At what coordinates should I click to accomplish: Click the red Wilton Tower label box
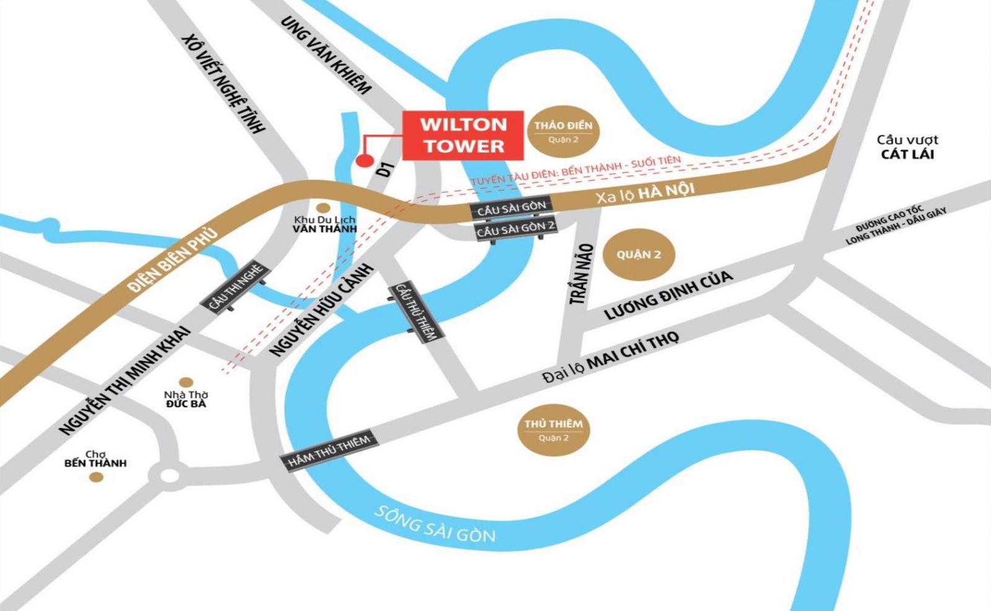click(x=463, y=135)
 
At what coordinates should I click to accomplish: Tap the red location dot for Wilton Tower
click(x=364, y=161)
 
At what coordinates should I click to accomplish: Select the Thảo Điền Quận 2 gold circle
click(x=563, y=131)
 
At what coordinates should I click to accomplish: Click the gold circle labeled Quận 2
click(x=638, y=255)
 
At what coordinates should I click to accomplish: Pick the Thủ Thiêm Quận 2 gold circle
click(x=553, y=429)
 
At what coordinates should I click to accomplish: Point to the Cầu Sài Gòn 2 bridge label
click(x=515, y=228)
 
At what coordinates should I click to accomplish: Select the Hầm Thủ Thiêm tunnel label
click(x=329, y=451)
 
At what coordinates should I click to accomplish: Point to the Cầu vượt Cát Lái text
click(x=907, y=147)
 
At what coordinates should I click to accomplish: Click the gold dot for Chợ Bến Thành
click(x=95, y=477)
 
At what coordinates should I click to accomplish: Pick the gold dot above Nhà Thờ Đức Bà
click(x=186, y=382)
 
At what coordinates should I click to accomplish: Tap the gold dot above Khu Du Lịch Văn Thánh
click(x=323, y=208)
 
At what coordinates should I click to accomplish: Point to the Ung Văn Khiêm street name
click(x=326, y=55)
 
